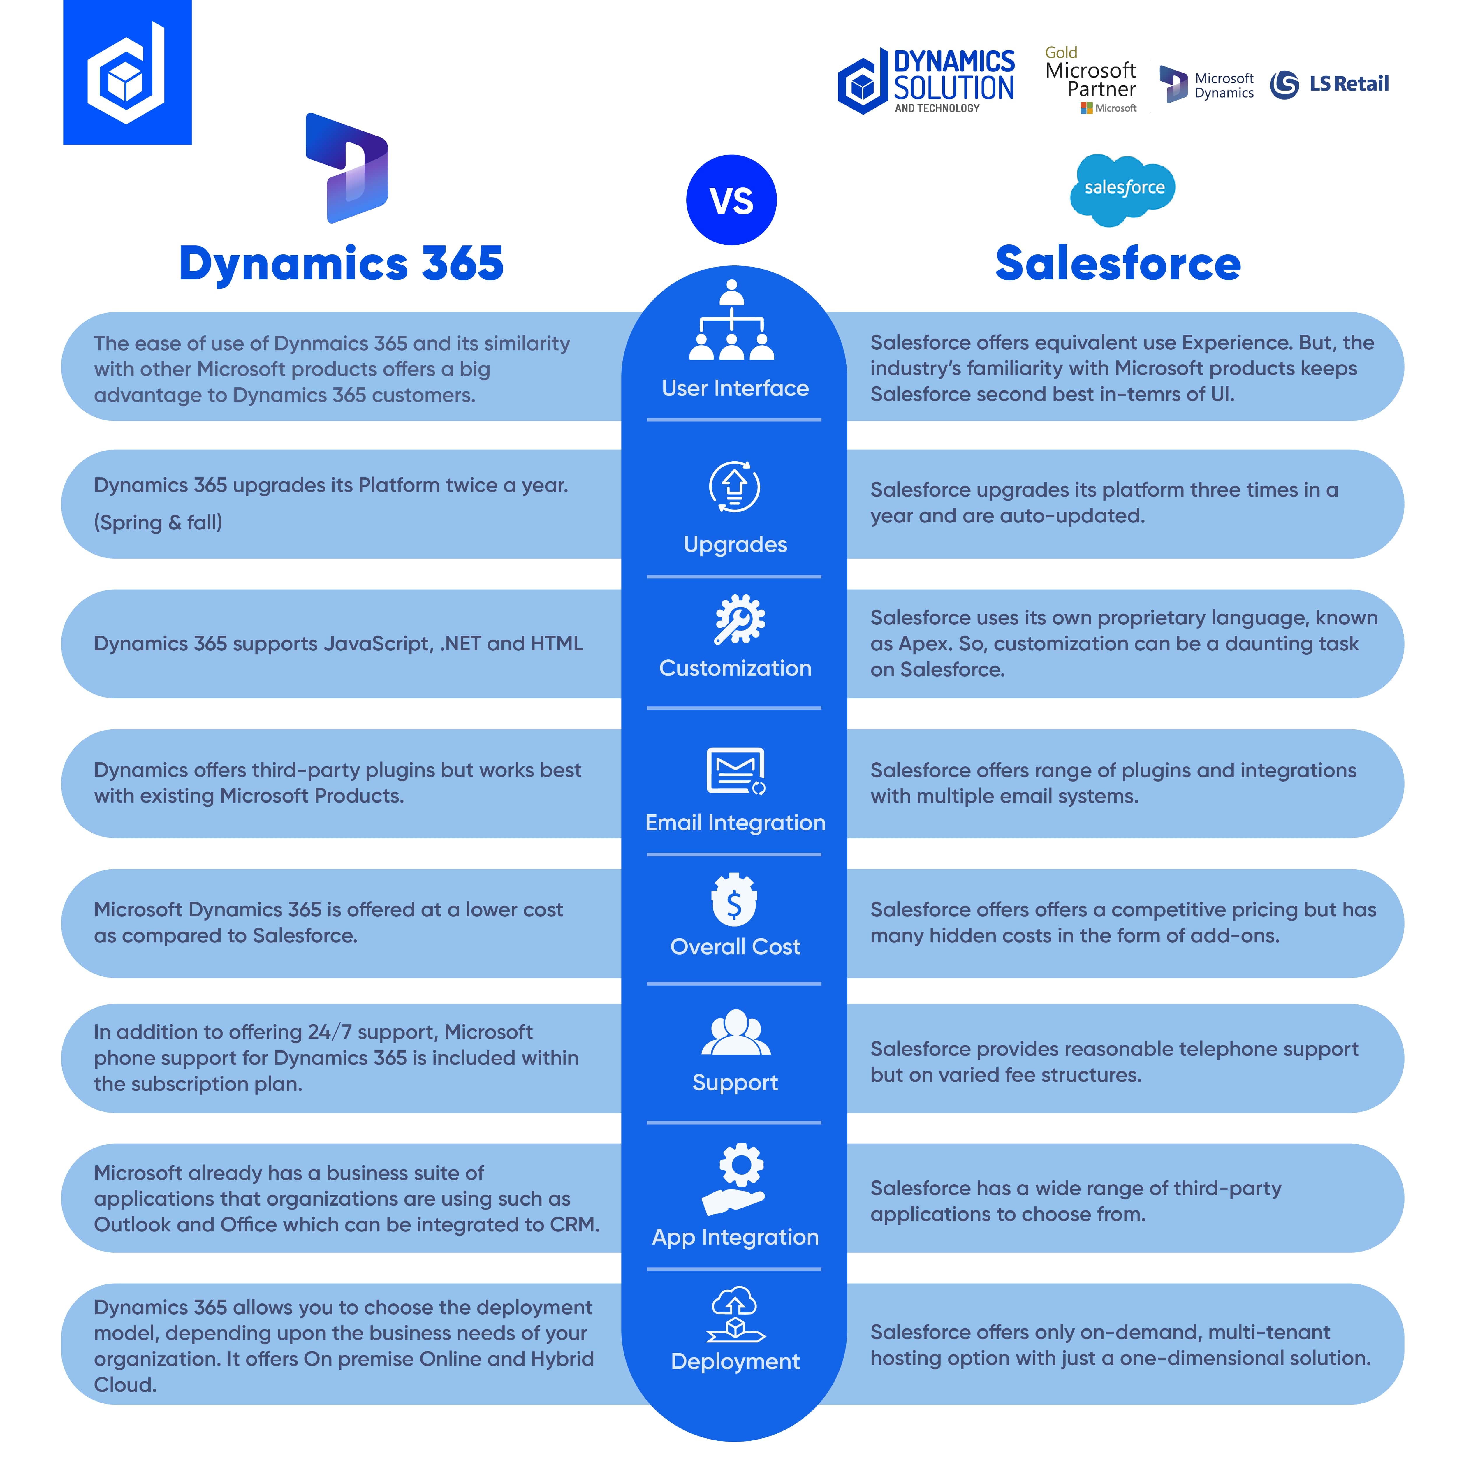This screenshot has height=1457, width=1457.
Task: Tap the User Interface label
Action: (735, 388)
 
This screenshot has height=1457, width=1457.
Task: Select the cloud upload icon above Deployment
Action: (735, 1314)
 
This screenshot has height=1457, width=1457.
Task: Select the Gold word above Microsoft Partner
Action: (1060, 53)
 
